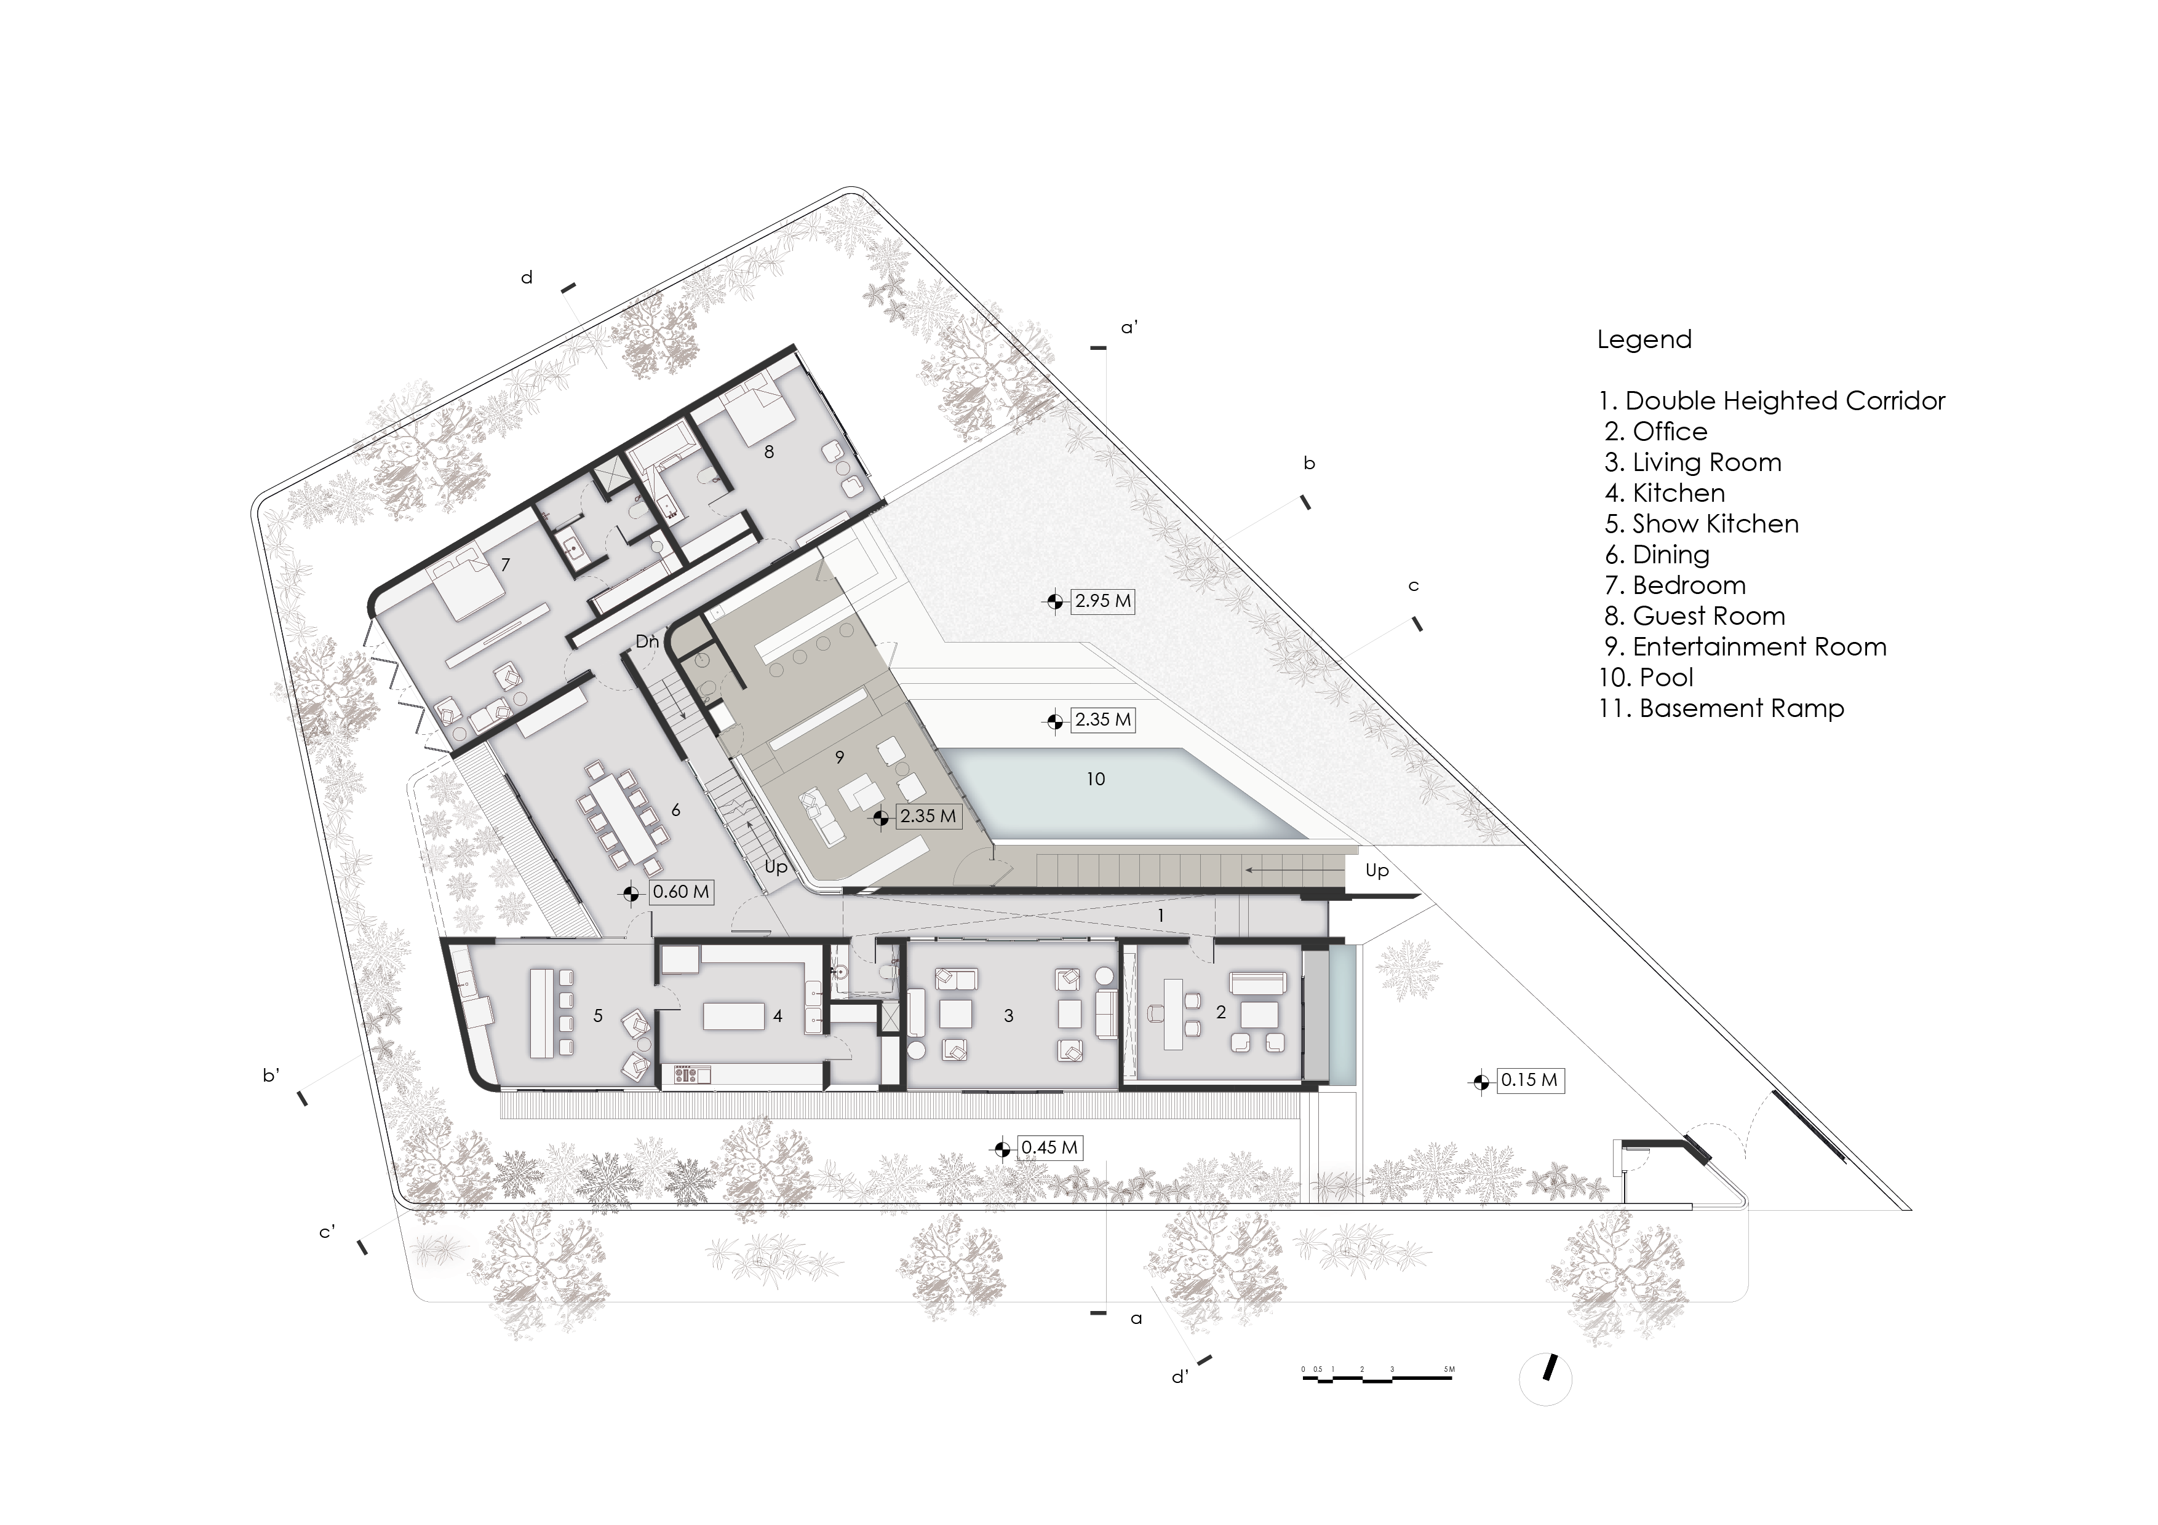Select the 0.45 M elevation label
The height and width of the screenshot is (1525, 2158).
pyautogui.click(x=1049, y=1147)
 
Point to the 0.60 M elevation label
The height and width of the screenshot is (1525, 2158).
pyautogui.click(x=680, y=892)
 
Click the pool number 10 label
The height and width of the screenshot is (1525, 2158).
pyautogui.click(x=1095, y=779)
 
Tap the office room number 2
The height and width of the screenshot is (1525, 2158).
pyautogui.click(x=1221, y=1012)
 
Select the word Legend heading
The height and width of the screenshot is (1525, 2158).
pyautogui.click(x=1644, y=339)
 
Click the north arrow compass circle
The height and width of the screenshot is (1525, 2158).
pyautogui.click(x=1545, y=1379)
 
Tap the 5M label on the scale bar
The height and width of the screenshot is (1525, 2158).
pyautogui.click(x=1449, y=1369)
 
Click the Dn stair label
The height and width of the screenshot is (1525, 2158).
pyautogui.click(x=647, y=642)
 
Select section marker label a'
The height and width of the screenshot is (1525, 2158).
pyautogui.click(x=1130, y=328)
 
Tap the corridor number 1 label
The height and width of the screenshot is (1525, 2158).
pyautogui.click(x=1161, y=915)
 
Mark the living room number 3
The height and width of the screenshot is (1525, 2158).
pyautogui.click(x=1008, y=1016)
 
